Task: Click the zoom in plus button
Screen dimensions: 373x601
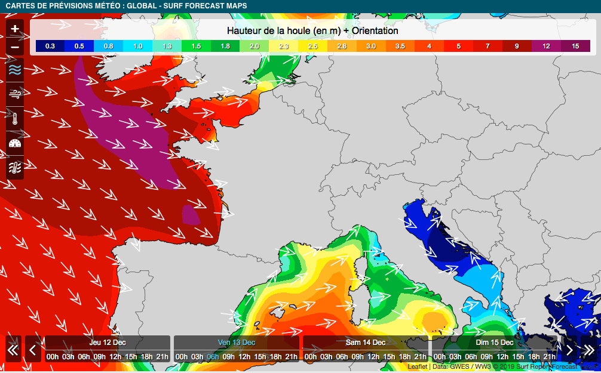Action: tap(15, 29)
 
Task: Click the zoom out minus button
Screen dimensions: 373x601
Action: tap(15, 47)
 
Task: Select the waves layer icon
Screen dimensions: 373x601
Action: tap(15, 70)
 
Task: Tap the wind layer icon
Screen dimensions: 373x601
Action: tap(15, 94)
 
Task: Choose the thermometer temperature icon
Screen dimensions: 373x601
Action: tap(15, 118)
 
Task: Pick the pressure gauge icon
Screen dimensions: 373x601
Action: tap(15, 143)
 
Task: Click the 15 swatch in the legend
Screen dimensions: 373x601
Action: tap(575, 46)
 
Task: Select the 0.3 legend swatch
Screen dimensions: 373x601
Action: tap(50, 46)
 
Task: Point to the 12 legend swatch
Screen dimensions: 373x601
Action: tap(546, 46)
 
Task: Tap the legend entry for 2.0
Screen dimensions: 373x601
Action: tap(254, 46)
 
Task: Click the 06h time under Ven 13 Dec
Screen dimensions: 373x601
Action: tap(213, 357)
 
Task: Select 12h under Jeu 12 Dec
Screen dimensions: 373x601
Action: tap(115, 357)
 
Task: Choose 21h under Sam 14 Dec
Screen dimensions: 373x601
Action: tap(420, 357)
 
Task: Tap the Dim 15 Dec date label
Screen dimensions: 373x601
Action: tap(494, 343)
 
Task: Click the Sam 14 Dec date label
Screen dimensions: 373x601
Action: tap(366, 343)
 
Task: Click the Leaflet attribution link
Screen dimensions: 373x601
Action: tap(418, 367)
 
